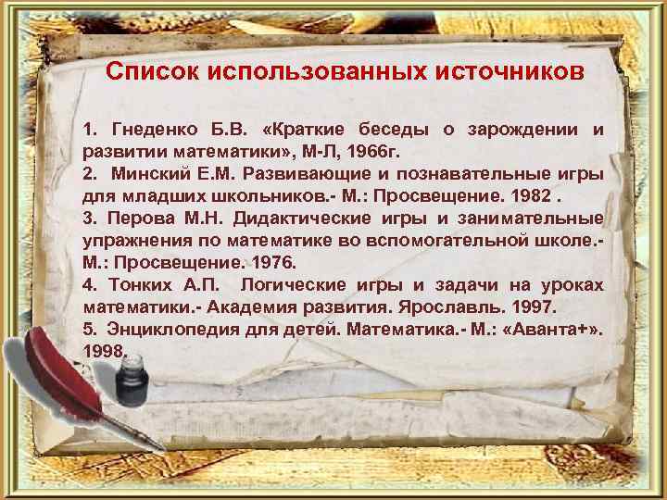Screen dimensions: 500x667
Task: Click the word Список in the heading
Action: (149, 71)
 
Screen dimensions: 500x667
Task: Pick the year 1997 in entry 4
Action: (543, 306)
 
